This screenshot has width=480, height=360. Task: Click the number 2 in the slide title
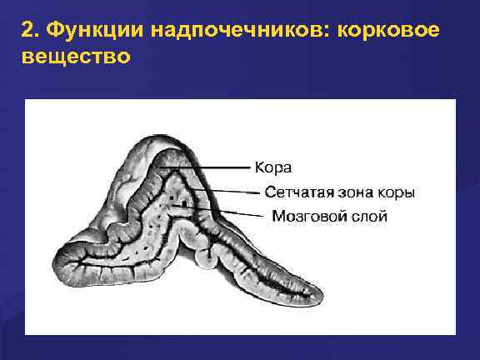click(x=28, y=31)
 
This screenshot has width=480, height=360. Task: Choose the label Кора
click(x=272, y=167)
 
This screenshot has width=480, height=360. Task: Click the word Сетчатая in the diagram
click(x=298, y=192)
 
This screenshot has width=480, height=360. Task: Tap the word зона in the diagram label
click(x=357, y=192)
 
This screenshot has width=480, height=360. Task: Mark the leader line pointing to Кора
click(x=208, y=167)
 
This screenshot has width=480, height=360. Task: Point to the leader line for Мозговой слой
click(x=242, y=214)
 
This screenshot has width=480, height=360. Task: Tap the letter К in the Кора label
click(x=259, y=167)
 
